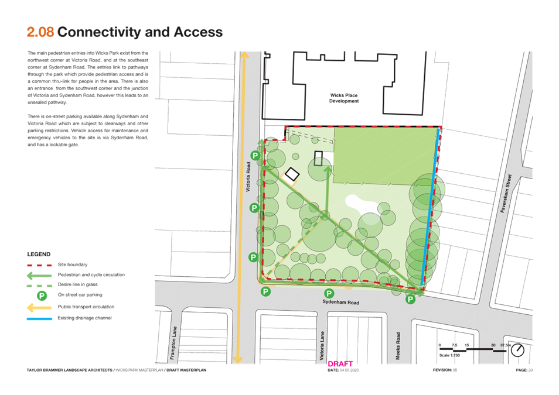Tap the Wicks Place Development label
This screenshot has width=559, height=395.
(344, 97)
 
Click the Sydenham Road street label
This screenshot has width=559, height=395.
(340, 302)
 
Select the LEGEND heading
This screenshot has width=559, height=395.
(39, 255)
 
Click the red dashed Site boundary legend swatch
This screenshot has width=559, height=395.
(39, 265)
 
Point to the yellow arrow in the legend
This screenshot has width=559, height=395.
(39, 307)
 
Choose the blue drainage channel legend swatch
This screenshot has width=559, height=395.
(39, 318)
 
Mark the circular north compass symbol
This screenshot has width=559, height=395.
(517, 350)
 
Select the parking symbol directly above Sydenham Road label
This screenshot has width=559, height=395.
(329, 293)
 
